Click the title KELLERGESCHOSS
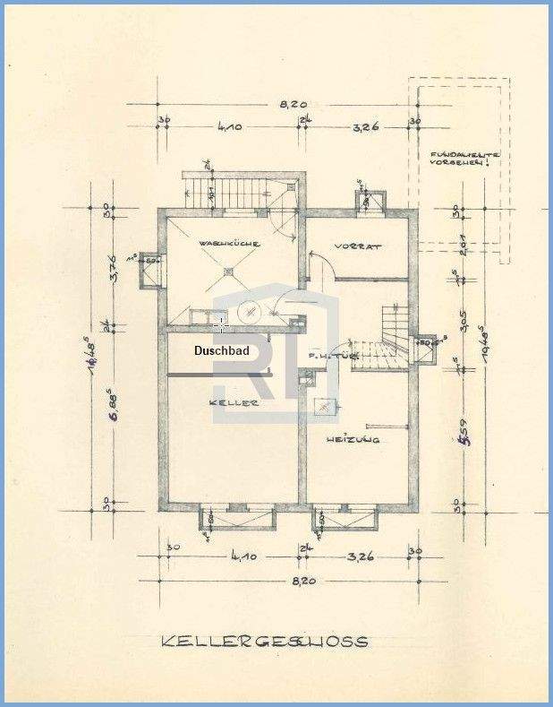tap(264, 642)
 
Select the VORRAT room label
tap(358, 246)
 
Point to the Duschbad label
tap(222, 352)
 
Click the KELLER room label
tap(234, 403)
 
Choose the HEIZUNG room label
tap(353, 439)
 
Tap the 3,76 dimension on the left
tap(113, 267)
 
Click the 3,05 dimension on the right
tap(463, 320)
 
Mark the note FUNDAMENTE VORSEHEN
tap(463, 160)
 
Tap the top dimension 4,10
tap(229, 127)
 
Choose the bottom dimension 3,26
tap(361, 556)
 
